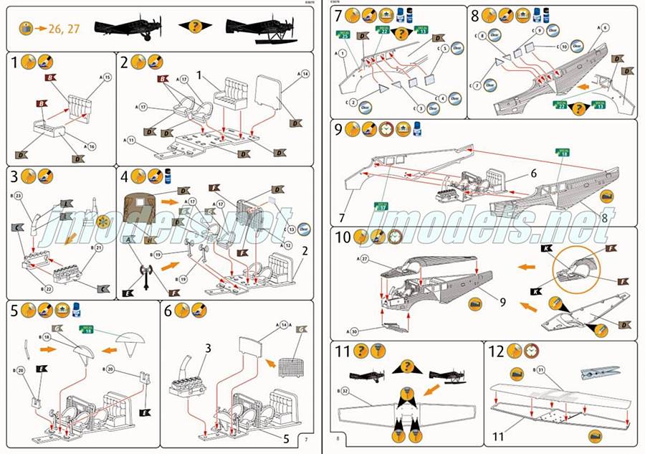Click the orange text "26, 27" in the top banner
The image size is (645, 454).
67,29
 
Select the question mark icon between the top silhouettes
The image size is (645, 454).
194,27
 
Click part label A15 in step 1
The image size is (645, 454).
105,77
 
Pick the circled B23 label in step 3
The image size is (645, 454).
18,195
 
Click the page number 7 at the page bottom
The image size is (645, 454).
306,439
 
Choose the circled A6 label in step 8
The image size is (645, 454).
604,27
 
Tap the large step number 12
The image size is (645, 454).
496,352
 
